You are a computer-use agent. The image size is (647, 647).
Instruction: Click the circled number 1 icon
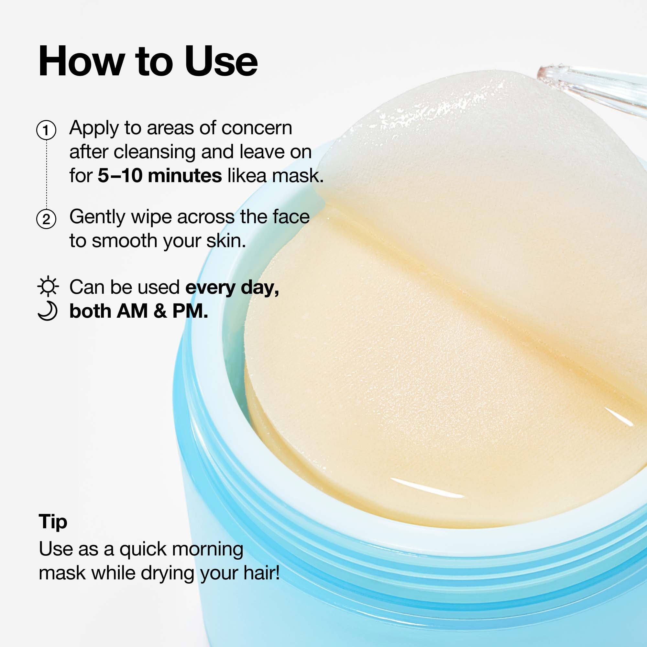[x=46, y=130]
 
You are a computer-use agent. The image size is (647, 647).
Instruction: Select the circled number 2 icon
[x=46, y=219]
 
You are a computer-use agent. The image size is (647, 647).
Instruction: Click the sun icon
[x=48, y=286]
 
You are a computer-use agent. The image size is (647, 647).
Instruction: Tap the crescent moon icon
[x=48, y=311]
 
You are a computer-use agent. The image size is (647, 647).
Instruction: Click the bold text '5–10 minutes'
[x=159, y=175]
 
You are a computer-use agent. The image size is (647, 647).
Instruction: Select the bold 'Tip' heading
[x=53, y=522]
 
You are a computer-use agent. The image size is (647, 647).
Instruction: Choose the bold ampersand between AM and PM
[x=160, y=311]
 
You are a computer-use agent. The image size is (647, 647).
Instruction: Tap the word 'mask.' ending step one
[x=298, y=175]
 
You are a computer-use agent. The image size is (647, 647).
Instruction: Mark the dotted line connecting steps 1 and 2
[x=46, y=174]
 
